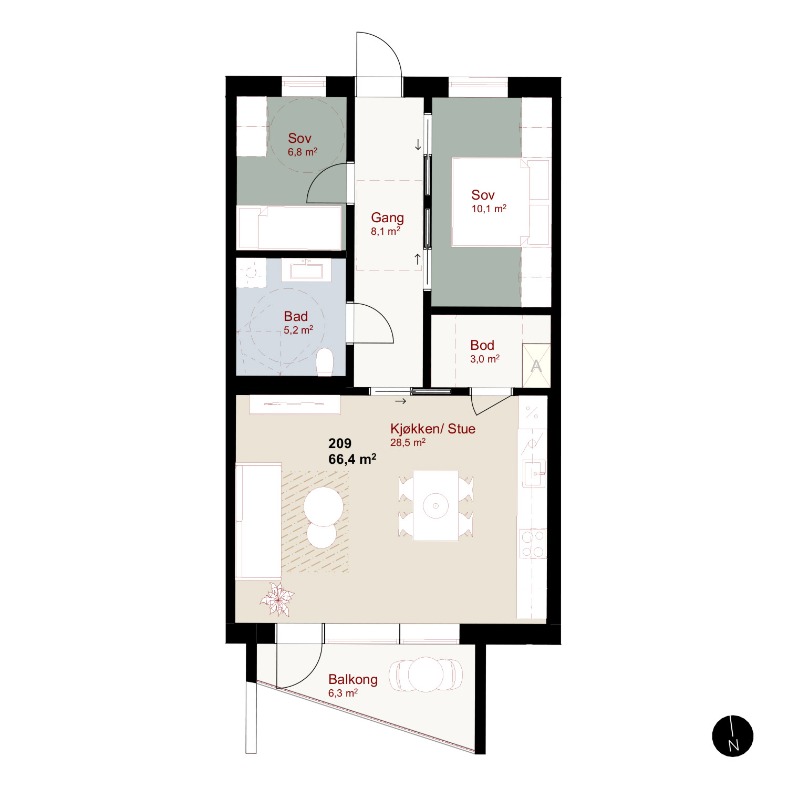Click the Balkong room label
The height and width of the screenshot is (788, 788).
[x=353, y=679]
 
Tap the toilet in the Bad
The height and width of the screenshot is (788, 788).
[x=325, y=362]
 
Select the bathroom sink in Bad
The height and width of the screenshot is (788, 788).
[x=306, y=270]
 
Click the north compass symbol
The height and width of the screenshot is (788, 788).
[x=733, y=736]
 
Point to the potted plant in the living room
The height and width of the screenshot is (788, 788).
[x=276, y=599]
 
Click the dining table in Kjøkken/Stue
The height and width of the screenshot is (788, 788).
[x=436, y=505]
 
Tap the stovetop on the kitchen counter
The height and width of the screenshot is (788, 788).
[x=533, y=543]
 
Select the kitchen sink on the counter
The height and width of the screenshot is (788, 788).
[x=534, y=473]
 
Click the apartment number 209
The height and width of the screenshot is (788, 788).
[x=340, y=443]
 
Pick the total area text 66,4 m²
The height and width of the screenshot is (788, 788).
[x=352, y=459]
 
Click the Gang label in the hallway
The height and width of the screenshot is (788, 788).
[x=388, y=217]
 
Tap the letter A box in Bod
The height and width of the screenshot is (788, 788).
[x=536, y=365]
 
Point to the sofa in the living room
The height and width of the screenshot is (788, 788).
[x=258, y=521]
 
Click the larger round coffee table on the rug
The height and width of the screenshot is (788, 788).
[x=324, y=506]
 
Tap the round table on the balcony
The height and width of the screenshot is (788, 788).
[x=426, y=675]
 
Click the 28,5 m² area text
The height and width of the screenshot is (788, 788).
[x=408, y=442]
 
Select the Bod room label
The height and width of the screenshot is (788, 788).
[x=482, y=345]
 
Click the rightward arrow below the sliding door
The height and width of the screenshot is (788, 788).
[x=401, y=401]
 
